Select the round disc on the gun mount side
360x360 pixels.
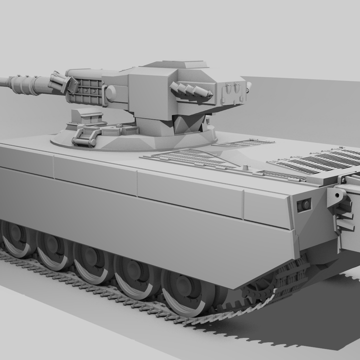(x=110, y=93)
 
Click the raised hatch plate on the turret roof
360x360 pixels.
(x=175, y=64)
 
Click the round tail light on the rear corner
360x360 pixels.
(x=303, y=205)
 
